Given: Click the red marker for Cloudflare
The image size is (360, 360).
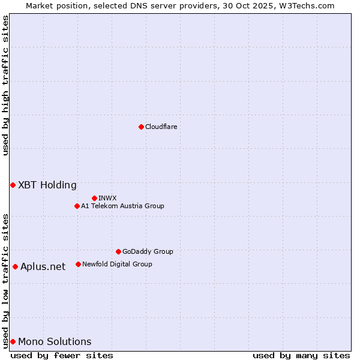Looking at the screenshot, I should (141, 127).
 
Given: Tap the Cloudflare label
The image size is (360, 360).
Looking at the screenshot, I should (161, 127).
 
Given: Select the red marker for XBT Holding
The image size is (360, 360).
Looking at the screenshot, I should (13, 185).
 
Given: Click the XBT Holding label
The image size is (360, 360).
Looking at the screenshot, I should (47, 185).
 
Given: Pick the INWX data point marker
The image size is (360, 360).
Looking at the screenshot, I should (95, 198).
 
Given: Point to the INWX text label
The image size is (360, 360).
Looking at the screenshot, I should (108, 199).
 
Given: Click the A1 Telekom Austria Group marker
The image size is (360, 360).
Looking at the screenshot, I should (77, 206).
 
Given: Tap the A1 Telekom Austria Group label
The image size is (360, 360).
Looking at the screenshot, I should (122, 206).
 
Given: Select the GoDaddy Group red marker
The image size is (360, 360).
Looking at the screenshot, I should (118, 251).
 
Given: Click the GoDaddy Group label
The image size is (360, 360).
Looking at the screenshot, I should (148, 252).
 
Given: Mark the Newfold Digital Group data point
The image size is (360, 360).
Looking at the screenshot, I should (78, 264).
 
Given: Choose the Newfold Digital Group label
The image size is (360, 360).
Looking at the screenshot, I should (117, 265).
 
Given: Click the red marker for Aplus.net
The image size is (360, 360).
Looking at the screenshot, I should (15, 266).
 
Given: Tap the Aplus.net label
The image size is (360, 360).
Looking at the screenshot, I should (43, 267).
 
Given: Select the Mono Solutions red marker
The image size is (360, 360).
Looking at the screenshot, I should (13, 341).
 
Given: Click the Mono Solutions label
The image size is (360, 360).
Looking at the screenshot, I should (55, 342).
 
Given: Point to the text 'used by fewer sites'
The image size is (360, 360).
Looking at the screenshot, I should (62, 355).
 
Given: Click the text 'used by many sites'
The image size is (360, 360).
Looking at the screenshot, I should (301, 355).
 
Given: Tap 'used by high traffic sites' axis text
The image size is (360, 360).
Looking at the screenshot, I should (5, 86).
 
